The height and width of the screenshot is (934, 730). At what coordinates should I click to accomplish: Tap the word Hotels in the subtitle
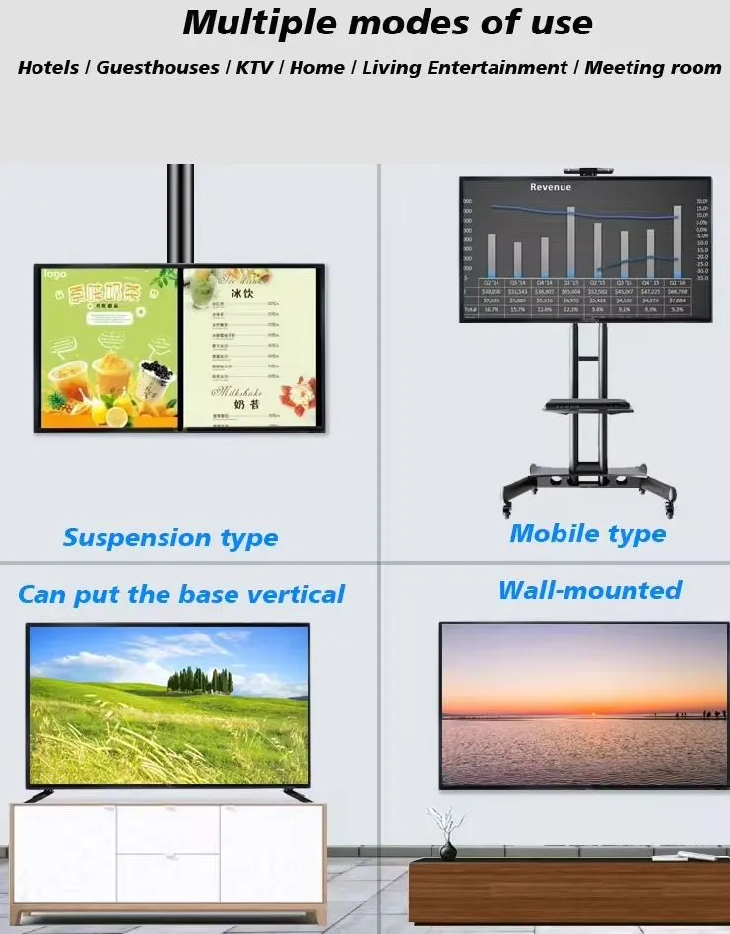[49, 68]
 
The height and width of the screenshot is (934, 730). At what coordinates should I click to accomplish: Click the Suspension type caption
[170, 538]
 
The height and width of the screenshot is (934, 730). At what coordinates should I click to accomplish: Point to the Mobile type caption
[587, 534]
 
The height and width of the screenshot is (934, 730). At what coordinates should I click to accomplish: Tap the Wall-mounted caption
[589, 590]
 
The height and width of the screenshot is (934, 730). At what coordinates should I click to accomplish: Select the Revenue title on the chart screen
[550, 187]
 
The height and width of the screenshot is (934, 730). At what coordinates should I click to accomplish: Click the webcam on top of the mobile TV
[585, 170]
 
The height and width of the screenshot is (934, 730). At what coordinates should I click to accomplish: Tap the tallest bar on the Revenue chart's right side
[677, 240]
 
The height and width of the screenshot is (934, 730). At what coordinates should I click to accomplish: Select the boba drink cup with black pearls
[154, 380]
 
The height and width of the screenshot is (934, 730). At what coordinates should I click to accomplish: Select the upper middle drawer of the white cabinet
[167, 829]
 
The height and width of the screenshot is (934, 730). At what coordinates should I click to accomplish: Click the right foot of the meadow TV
[297, 794]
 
